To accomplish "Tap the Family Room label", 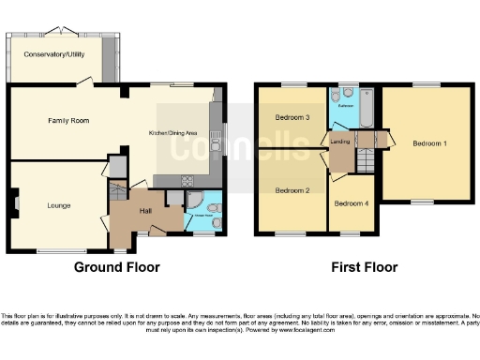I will [68, 121].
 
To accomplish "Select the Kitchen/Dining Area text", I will [173, 134].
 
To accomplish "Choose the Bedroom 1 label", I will [430, 143].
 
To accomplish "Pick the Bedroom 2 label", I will [292, 190].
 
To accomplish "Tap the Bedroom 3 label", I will [292, 118].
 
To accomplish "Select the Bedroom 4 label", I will [351, 203].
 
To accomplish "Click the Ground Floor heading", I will [116, 267].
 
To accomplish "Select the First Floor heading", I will [364, 267].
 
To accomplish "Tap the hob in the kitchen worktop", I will [187, 181].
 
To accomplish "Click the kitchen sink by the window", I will [217, 145].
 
